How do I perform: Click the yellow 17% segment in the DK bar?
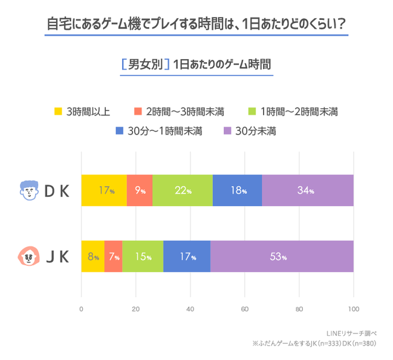point(104,191)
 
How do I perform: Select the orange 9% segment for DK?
point(140,191)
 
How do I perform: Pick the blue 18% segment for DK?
point(238,191)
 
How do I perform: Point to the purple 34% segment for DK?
point(308,191)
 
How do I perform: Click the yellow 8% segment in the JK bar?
point(93,257)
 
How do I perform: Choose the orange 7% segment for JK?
point(113,257)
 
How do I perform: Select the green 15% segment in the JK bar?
point(143,257)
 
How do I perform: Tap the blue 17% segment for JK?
point(187,257)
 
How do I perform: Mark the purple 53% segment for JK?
point(282,257)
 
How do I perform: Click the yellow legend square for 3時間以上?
point(59,111)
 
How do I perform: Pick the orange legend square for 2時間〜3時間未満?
point(138,111)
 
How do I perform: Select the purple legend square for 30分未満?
point(227,130)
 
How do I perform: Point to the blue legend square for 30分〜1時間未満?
point(119,130)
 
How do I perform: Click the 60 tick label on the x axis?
point(244,309)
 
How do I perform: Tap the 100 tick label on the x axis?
point(353,309)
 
